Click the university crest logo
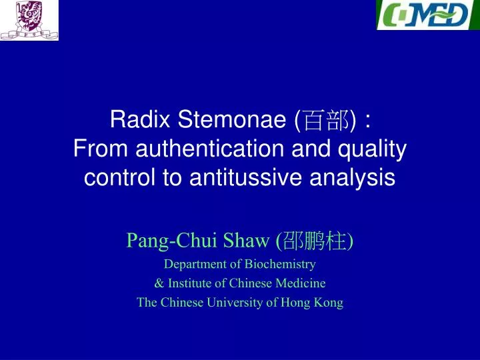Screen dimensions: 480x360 [x=29, y=20]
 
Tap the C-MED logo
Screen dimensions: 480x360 [x=428, y=15]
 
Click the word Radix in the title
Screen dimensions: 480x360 [x=140, y=119]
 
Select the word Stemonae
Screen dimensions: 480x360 [x=232, y=119]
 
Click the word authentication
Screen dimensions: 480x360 [x=209, y=149]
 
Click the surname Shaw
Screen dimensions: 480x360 [x=246, y=240]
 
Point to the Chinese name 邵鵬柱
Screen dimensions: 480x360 [x=315, y=241]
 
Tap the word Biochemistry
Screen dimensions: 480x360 [x=280, y=264]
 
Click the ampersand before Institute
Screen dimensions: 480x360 [x=159, y=283]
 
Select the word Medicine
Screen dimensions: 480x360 [x=300, y=283]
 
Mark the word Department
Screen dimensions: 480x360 [x=195, y=265]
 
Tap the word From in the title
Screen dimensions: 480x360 [x=101, y=149]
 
